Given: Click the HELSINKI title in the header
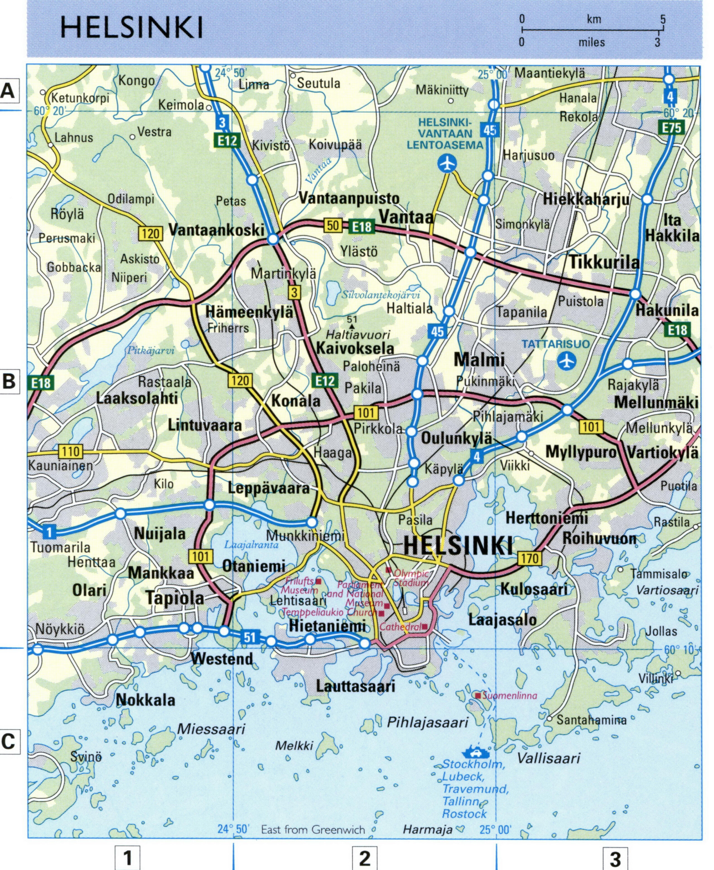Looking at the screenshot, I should coord(132,28).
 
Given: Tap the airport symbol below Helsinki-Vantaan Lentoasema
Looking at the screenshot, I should coord(447,163).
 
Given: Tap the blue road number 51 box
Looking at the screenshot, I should coord(250,638).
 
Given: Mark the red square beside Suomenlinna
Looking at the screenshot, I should coord(478,696).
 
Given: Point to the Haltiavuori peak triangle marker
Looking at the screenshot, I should coord(352,326).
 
